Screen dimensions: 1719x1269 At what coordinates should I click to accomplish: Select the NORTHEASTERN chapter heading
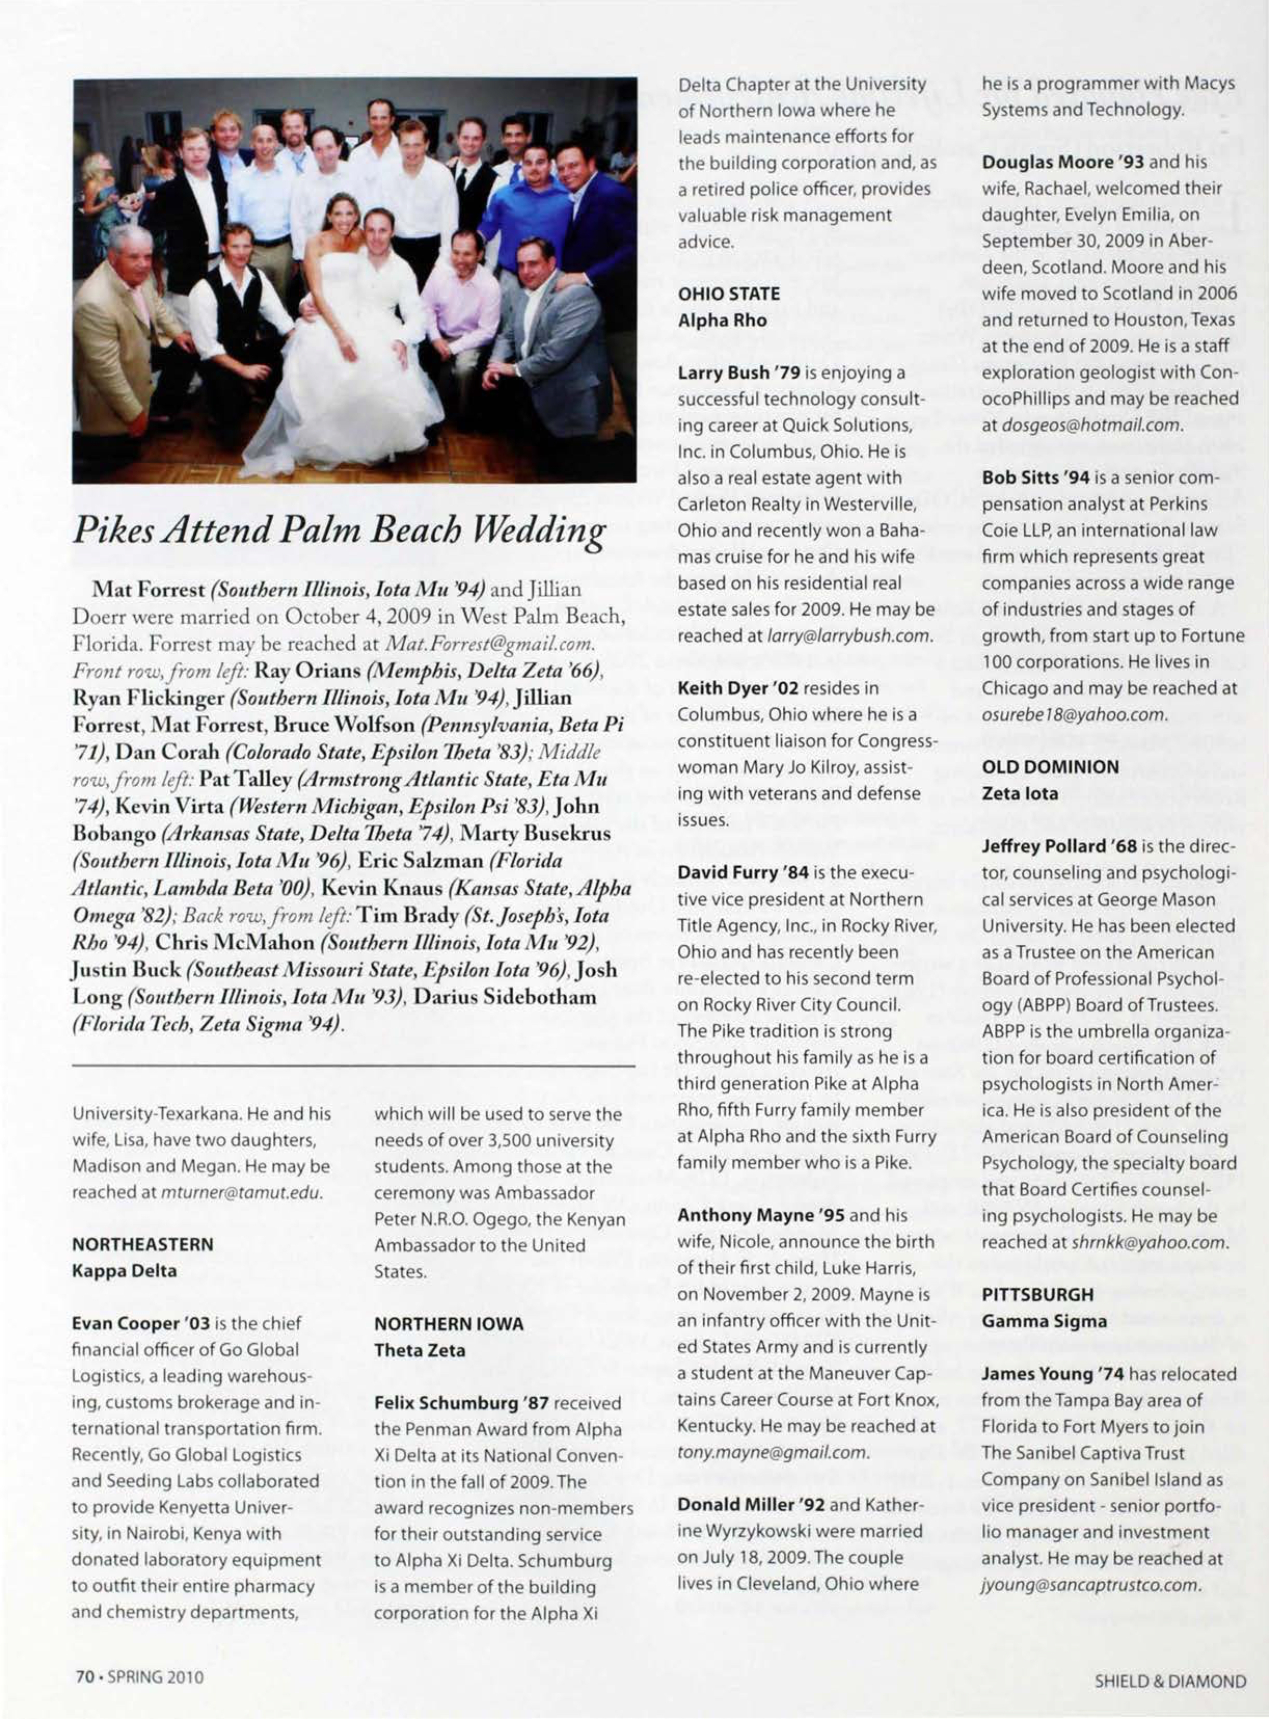click(142, 1244)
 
